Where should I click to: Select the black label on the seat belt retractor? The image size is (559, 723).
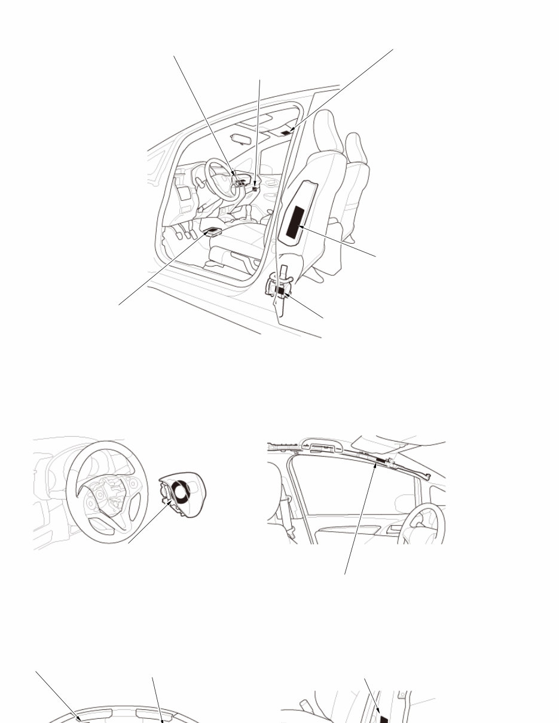tap(280, 290)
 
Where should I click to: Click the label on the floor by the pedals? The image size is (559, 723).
tap(213, 231)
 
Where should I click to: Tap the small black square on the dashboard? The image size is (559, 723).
tap(255, 188)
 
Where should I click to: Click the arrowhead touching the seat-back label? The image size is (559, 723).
tap(301, 228)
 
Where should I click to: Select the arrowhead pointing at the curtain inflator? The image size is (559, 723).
tap(375, 469)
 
